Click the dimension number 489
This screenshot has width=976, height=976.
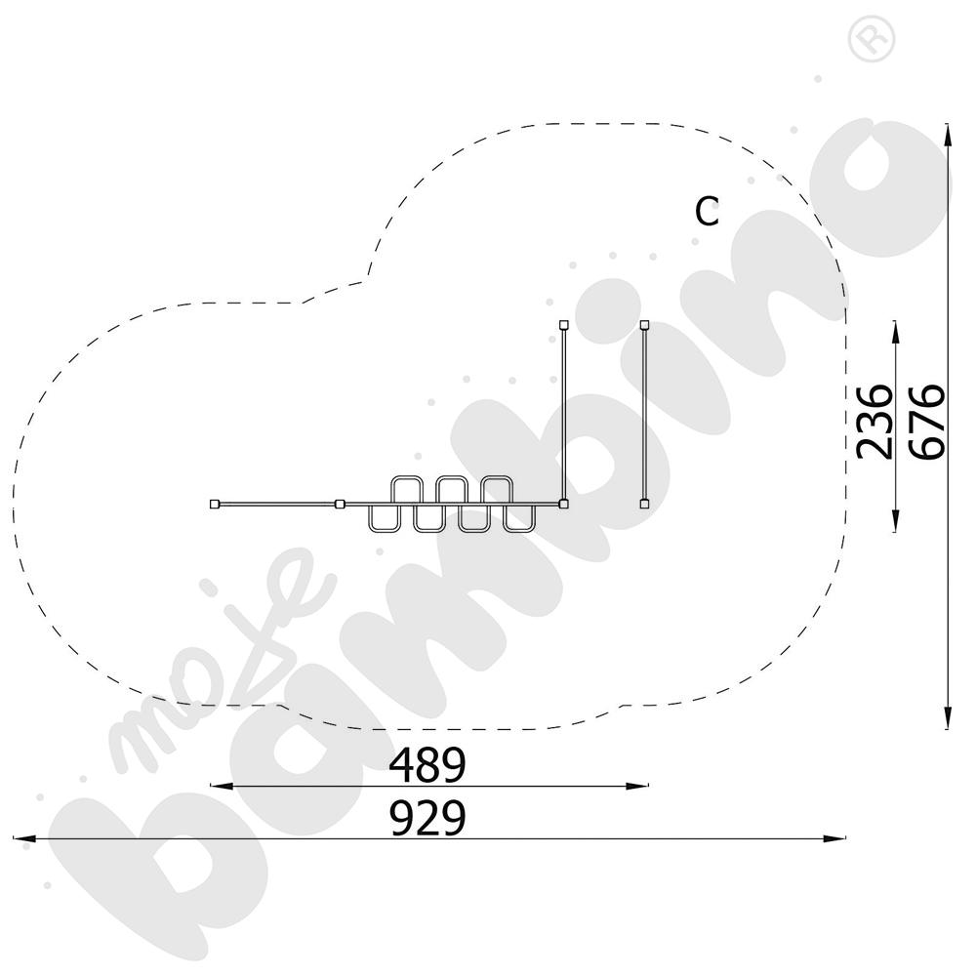point(427,764)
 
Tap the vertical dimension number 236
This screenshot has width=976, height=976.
point(874,422)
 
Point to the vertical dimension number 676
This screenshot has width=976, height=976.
point(927,422)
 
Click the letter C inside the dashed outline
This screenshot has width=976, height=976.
point(707,212)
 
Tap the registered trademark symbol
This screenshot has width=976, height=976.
point(872,39)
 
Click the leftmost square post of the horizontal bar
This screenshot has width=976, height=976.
point(215,504)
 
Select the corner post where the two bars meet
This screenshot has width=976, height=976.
point(563,504)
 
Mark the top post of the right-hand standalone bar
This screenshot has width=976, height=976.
point(645,324)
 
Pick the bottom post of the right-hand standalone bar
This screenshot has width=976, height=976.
point(645,504)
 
